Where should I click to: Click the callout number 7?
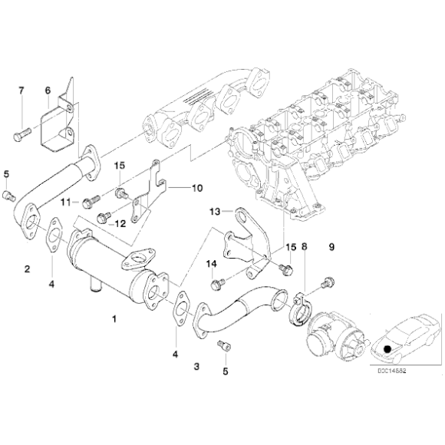(x=21, y=91)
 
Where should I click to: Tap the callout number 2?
(x=27, y=269)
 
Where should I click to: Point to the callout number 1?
(x=115, y=317)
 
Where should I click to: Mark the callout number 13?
(x=216, y=210)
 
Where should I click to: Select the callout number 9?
(x=332, y=247)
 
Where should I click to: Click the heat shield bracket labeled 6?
(x=61, y=127)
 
